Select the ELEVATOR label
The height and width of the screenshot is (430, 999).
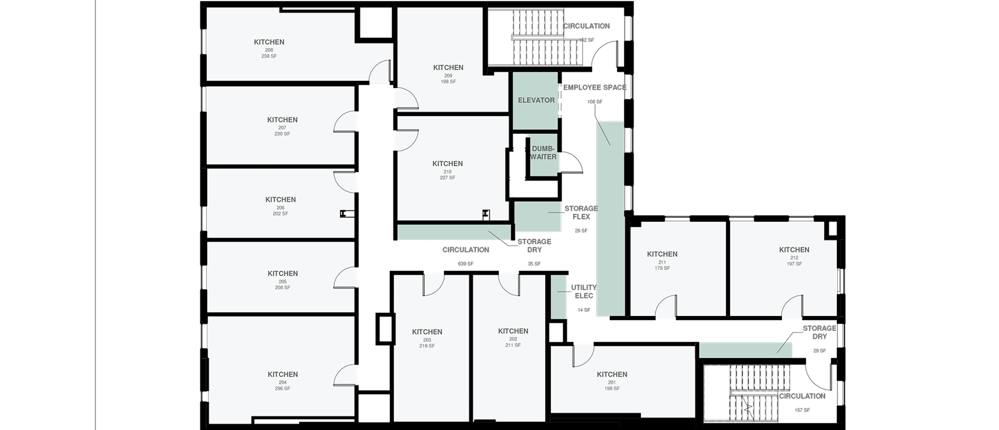point(536,100)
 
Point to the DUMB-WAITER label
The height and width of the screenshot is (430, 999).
point(543,153)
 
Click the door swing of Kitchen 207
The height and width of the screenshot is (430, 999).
point(345,122)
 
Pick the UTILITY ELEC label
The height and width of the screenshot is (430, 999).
point(583,291)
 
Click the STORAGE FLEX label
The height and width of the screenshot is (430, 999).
point(581,212)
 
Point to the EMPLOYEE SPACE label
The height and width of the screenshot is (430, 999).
point(595,88)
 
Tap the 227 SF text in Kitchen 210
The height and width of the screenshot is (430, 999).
point(447,178)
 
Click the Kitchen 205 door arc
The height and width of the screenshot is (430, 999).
point(345,277)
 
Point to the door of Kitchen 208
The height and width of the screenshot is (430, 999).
point(380,71)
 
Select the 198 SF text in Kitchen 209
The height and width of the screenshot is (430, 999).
point(448,82)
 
